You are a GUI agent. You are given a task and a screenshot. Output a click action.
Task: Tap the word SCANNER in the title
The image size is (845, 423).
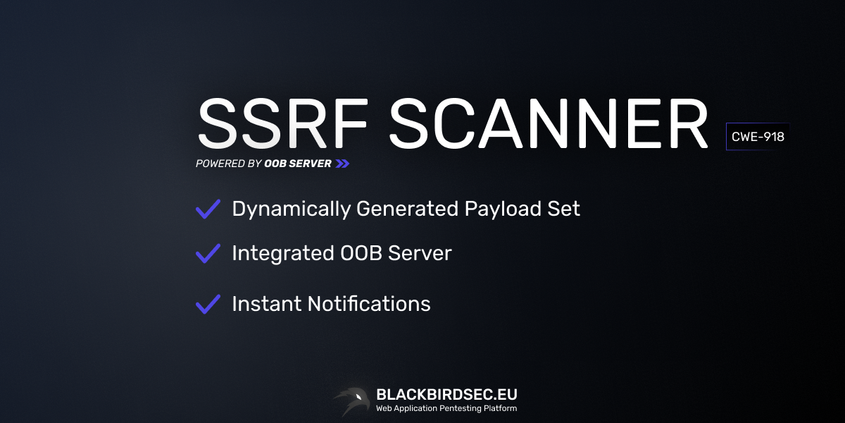coord(549,124)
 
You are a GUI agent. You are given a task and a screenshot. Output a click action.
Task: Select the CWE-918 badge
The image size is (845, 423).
coord(758,137)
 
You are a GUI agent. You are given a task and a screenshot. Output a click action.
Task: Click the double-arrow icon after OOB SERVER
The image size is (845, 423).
coord(342,164)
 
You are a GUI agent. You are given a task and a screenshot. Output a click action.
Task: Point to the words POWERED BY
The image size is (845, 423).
coord(228,164)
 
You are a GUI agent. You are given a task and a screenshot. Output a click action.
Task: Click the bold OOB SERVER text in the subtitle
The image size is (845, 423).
coord(298,164)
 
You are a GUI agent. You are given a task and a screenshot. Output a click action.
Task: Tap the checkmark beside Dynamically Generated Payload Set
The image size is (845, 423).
coord(208,209)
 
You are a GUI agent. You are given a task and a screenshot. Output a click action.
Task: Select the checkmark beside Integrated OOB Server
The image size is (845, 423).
coord(208,253)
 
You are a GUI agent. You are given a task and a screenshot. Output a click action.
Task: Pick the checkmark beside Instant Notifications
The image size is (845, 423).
coord(208,304)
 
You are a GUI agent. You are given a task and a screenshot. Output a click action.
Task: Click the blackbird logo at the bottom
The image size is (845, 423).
coord(351,400)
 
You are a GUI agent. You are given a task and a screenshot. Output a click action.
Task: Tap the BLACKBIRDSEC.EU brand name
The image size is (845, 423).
coord(446,394)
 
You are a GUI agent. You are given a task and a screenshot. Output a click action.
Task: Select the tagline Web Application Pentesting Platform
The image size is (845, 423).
coord(446,409)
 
